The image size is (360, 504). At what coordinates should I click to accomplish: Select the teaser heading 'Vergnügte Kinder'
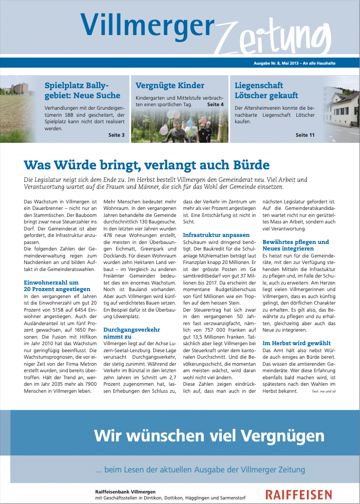(170, 86)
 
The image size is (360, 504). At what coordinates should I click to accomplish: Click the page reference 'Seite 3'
(116, 135)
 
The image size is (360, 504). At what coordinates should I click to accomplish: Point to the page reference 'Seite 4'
(215, 105)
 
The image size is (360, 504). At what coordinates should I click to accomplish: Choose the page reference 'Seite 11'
(305, 135)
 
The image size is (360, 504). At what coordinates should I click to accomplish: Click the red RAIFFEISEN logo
(298, 494)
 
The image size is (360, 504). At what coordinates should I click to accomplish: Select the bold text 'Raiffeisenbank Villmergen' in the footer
(125, 491)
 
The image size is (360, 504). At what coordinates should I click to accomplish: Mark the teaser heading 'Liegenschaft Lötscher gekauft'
(266, 90)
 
